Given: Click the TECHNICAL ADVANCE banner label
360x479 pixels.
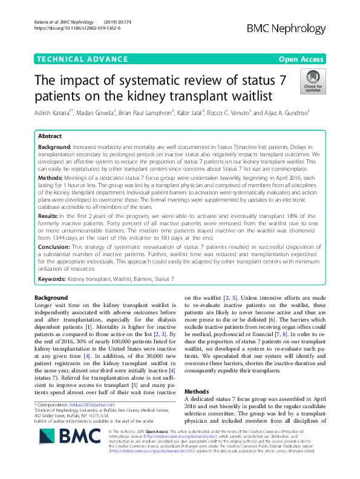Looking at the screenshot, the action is (x=74, y=59).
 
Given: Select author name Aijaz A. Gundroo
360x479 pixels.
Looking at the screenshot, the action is (x=290, y=113).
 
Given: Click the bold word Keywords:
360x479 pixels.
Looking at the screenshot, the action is (x=54, y=278).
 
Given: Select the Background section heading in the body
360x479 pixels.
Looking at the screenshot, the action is (x=51, y=298).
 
